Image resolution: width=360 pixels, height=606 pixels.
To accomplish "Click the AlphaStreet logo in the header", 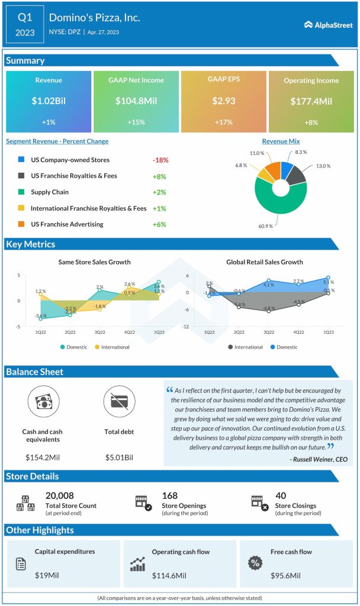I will pos(328,25).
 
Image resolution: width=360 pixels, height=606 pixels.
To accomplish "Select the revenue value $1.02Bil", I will pos(49,101).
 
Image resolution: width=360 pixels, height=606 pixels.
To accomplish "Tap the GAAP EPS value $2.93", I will pos(224,101).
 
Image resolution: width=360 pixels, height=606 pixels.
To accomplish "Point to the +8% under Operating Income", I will pos(311,123).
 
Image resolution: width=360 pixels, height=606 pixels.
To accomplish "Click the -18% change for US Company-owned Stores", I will pos(160,160).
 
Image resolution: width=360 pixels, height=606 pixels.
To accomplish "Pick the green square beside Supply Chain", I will pos(21,192).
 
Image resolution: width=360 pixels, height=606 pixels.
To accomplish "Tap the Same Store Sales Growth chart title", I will pos(94,262).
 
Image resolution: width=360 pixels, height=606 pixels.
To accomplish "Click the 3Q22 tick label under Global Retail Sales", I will pos(268,332).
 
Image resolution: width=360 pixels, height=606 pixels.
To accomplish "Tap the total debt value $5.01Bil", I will pos(119,457).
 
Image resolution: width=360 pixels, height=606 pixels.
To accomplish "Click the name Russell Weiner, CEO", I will pos(319,459).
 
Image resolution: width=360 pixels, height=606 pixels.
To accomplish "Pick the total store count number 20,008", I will pos(60,496).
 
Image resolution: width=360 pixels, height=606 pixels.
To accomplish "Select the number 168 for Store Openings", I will pos(170,496).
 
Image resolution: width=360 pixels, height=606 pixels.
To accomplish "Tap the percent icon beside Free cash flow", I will pos(255,563).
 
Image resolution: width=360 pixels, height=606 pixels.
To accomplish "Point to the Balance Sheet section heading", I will pos(34,372).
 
